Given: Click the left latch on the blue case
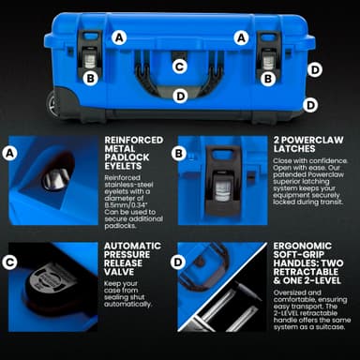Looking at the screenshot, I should point(90,58).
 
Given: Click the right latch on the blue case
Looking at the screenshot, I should point(268,58).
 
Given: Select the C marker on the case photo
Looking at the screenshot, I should point(179,66).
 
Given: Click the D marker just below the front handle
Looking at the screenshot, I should point(179,95).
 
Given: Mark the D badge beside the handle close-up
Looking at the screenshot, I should point(178,262).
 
